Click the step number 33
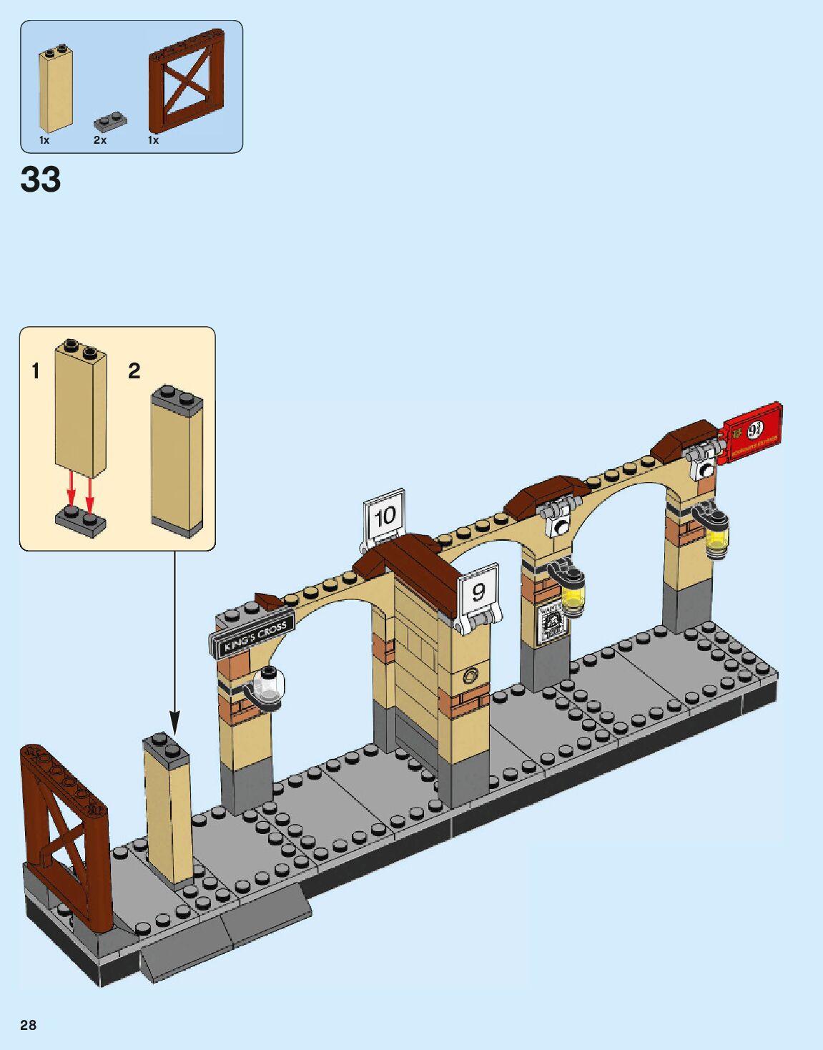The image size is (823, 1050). pyautogui.click(x=41, y=179)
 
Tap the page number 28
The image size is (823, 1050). pyautogui.click(x=28, y=1025)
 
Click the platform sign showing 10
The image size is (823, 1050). pyautogui.click(x=385, y=516)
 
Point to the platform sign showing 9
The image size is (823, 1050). pyautogui.click(x=478, y=592)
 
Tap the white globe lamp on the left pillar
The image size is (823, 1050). pyautogui.click(x=270, y=685)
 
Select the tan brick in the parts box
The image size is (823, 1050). pyautogui.click(x=56, y=89)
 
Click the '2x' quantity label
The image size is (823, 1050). pyautogui.click(x=100, y=140)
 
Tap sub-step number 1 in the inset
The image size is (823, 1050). pyautogui.click(x=36, y=371)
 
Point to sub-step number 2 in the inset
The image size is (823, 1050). pyautogui.click(x=134, y=371)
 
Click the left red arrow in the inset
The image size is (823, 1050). pyautogui.click(x=72, y=491)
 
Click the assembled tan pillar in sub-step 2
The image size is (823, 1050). pyautogui.click(x=177, y=462)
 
